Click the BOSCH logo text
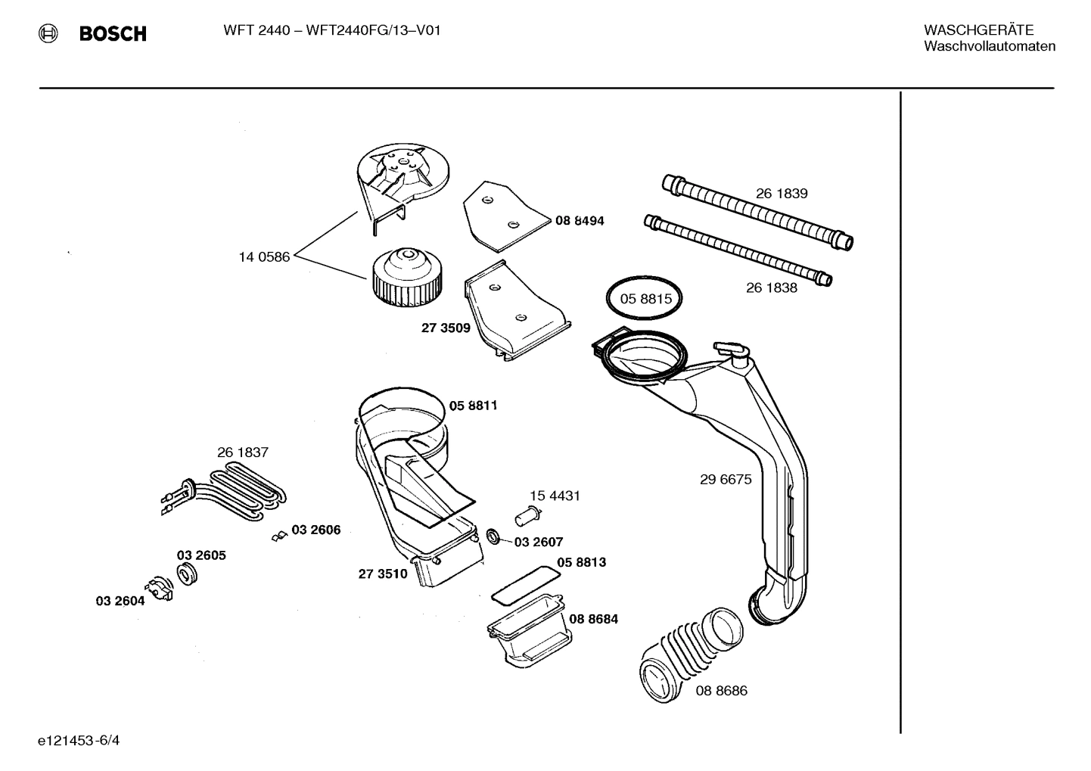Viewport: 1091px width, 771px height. [x=112, y=33]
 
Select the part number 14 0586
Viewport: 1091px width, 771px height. [x=264, y=257]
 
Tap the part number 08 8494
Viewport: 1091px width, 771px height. [x=580, y=221]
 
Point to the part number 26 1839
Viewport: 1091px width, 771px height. [x=782, y=194]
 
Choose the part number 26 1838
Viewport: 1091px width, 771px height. [x=771, y=288]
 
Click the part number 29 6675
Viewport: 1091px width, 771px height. [x=725, y=479]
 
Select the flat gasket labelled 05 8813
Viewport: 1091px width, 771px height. [x=526, y=585]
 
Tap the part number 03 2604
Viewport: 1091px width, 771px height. [x=120, y=601]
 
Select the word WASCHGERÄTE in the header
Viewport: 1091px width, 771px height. [x=978, y=30]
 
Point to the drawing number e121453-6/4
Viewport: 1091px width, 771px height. [x=78, y=740]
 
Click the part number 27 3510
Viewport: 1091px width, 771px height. [x=383, y=574]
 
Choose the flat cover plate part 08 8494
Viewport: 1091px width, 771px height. [x=503, y=215]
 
